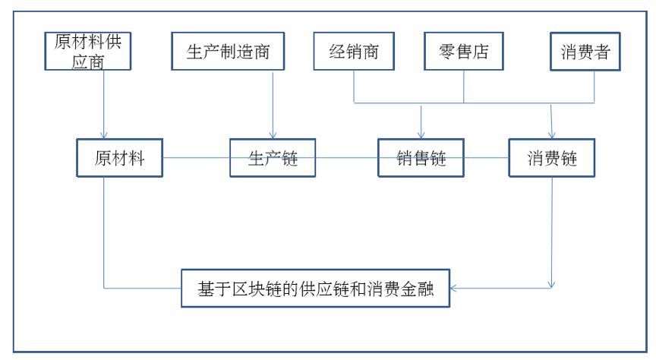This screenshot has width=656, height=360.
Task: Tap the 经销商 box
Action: pos(354,52)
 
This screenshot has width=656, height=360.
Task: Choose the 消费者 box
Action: pos(585,52)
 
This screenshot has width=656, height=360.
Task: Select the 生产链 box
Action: pos(273,158)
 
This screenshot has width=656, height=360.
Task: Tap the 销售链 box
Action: pos(421,158)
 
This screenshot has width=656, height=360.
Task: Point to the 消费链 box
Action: pos(551,158)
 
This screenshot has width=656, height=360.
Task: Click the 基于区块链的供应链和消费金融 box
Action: pos(315,289)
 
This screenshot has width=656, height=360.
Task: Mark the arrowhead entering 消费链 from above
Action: pos(552,134)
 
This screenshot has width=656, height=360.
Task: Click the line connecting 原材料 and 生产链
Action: pos(197,158)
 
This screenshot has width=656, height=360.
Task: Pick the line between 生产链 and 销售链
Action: pos(347,158)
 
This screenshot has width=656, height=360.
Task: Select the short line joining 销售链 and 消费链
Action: pos(486,158)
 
